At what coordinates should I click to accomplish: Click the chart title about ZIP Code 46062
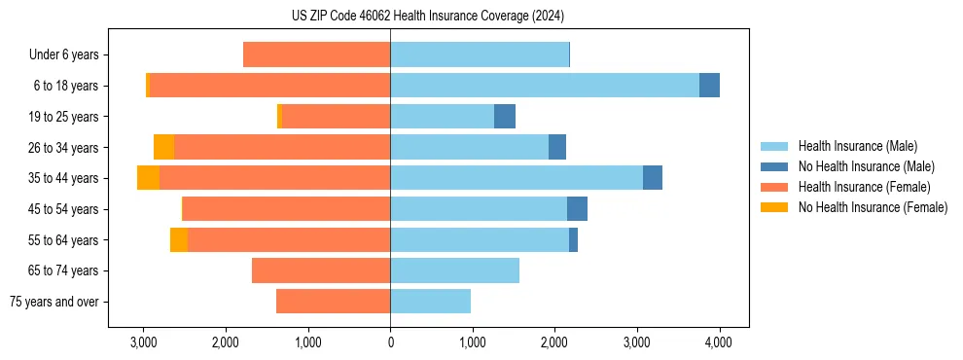(427, 17)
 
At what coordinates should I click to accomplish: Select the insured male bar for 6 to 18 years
(545, 86)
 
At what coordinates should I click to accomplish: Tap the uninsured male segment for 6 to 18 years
(709, 86)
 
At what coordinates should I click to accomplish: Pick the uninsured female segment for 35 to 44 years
(148, 178)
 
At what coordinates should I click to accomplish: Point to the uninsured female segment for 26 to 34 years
(163, 147)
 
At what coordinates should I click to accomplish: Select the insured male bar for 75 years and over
(430, 302)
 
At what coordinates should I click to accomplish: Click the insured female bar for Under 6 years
(316, 54)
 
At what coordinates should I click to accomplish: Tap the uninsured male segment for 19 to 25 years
(505, 117)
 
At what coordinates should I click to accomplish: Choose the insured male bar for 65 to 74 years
(454, 270)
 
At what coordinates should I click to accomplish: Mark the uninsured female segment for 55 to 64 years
(179, 240)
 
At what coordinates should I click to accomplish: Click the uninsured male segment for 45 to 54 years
(577, 209)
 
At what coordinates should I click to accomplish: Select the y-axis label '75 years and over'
(54, 302)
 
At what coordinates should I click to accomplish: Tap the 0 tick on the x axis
(390, 342)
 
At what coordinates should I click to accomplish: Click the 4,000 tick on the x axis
(719, 342)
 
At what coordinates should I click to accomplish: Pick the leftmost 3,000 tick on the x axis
(144, 342)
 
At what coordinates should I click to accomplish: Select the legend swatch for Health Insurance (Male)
(774, 146)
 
